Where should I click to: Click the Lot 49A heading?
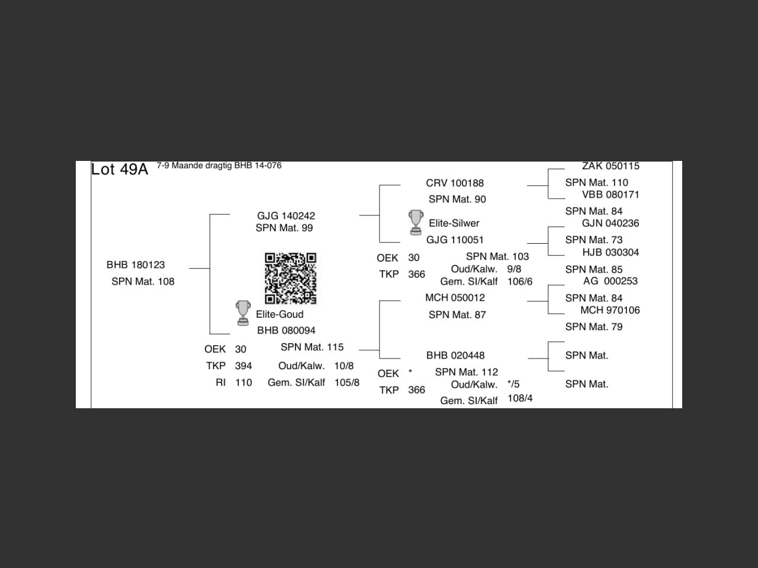119,169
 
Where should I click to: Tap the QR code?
290,278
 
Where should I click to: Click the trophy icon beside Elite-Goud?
243,313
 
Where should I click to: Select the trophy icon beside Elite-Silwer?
416,222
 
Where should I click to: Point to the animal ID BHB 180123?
136,264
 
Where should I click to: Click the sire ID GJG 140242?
286,216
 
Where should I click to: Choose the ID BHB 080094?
286,330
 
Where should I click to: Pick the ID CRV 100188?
455,183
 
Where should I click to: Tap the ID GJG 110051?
455,240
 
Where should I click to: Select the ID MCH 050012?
455,298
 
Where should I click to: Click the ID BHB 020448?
455,356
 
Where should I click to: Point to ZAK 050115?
611,166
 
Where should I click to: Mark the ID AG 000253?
610,281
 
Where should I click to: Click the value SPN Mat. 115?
312,347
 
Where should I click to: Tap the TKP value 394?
243,366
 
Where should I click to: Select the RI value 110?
243,382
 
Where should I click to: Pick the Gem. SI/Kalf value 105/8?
346,382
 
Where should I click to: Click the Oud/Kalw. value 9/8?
514,269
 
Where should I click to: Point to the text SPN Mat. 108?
143,281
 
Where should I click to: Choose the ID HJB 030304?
611,252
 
